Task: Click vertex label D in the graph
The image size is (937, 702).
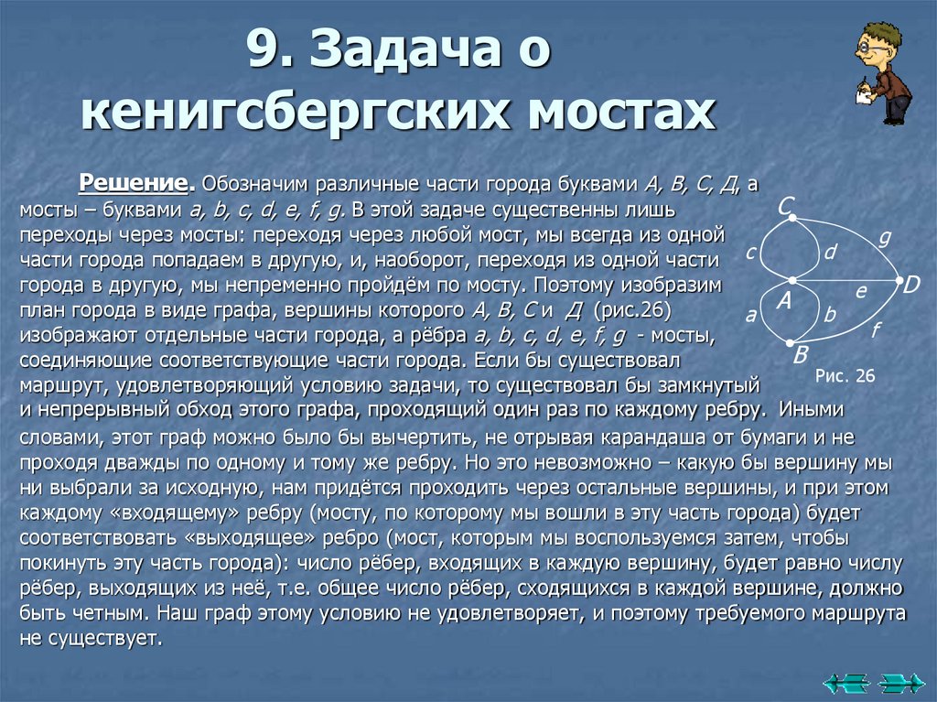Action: tap(911, 285)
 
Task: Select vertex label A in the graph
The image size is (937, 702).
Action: tap(783, 301)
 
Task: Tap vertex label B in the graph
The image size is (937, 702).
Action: tap(800, 354)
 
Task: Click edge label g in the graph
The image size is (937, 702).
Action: tap(884, 236)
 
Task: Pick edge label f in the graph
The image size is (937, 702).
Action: tap(875, 330)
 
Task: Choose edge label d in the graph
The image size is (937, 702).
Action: tap(830, 251)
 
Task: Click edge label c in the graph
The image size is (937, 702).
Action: tap(750, 253)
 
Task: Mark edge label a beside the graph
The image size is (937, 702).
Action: tap(751, 316)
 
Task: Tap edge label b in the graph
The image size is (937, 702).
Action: tap(830, 314)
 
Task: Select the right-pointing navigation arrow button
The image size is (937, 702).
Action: tap(900, 683)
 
